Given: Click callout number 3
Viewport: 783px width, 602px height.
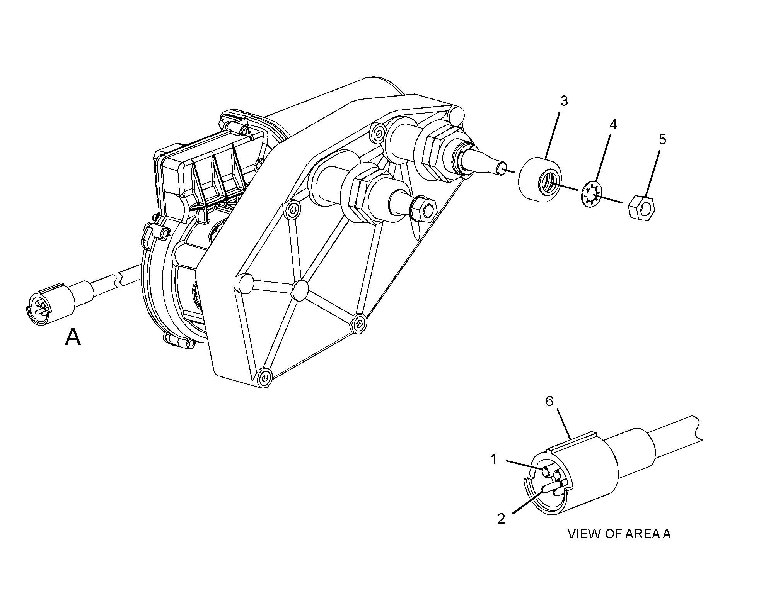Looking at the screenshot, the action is pyautogui.click(x=564, y=101).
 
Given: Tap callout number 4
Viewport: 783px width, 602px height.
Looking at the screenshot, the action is pyautogui.click(x=613, y=124).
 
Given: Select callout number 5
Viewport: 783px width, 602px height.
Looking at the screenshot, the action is pyautogui.click(x=662, y=139).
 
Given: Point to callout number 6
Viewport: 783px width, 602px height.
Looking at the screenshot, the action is pyautogui.click(x=549, y=402).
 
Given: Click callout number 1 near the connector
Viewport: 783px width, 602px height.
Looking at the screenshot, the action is pyautogui.click(x=494, y=459).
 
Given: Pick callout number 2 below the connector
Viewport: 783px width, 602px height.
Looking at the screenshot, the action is pyautogui.click(x=501, y=519).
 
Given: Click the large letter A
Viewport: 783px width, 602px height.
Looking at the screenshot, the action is pyautogui.click(x=73, y=337).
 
